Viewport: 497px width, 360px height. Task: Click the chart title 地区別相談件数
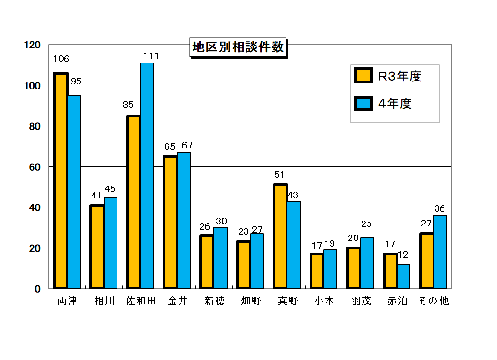[x=238, y=47]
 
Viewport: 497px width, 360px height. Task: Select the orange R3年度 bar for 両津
[x=60, y=180]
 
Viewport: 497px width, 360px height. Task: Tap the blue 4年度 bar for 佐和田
[x=147, y=176]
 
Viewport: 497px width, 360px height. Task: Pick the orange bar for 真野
[x=280, y=236]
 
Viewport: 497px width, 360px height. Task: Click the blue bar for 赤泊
[x=403, y=276]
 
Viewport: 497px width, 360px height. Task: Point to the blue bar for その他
[x=440, y=252]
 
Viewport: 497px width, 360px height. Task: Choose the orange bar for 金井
[x=170, y=222]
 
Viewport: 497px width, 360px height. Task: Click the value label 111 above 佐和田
[x=151, y=56]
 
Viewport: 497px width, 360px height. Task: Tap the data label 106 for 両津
[x=61, y=59]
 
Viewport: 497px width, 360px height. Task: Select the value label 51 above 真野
[x=280, y=175]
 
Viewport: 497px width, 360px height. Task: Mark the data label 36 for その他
[x=440, y=209]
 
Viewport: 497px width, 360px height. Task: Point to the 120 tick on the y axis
[x=32, y=45]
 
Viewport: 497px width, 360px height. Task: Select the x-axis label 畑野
[x=251, y=301]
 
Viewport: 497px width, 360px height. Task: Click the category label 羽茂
[x=361, y=301]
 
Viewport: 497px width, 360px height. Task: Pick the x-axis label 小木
[x=324, y=301]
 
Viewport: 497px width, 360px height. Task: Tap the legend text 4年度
[x=395, y=104]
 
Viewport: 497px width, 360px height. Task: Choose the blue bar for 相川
[x=111, y=243]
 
